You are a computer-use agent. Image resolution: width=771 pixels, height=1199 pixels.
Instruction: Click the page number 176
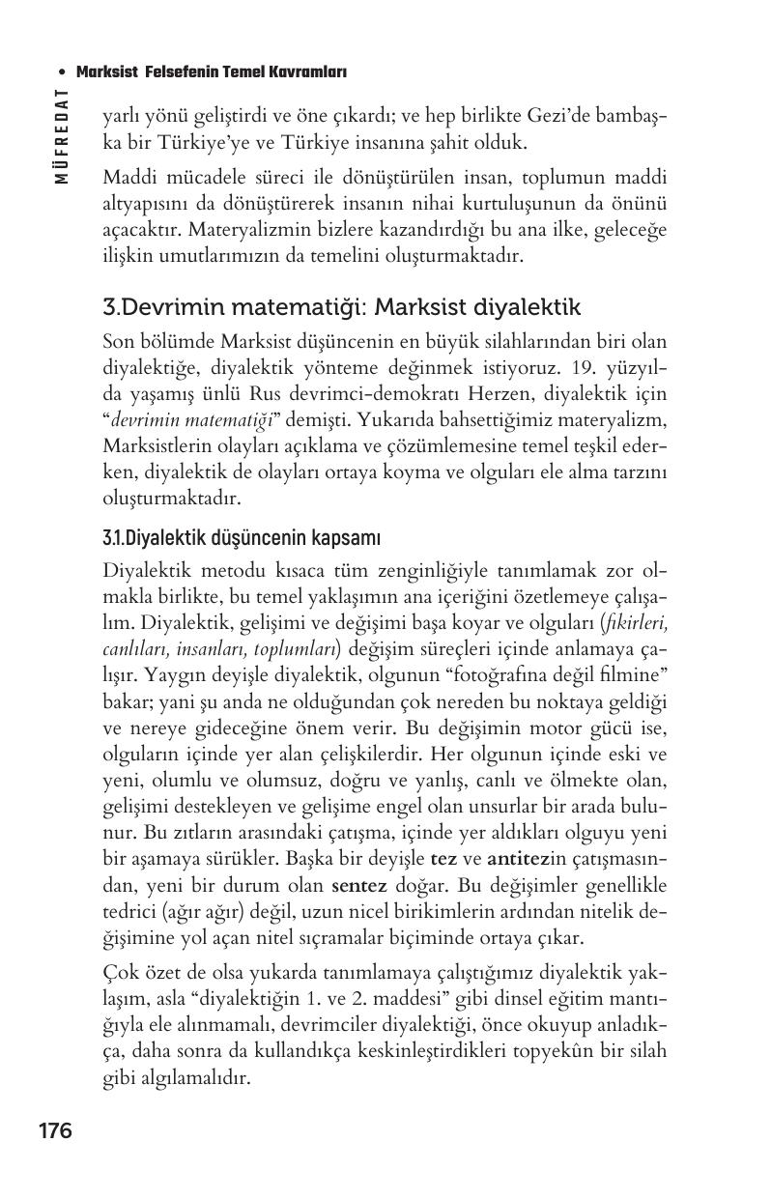tap(55, 1130)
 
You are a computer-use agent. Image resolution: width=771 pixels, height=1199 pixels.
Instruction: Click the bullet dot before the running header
tap(63, 72)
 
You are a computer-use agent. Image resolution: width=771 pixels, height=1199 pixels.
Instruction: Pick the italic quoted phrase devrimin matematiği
tap(194, 418)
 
